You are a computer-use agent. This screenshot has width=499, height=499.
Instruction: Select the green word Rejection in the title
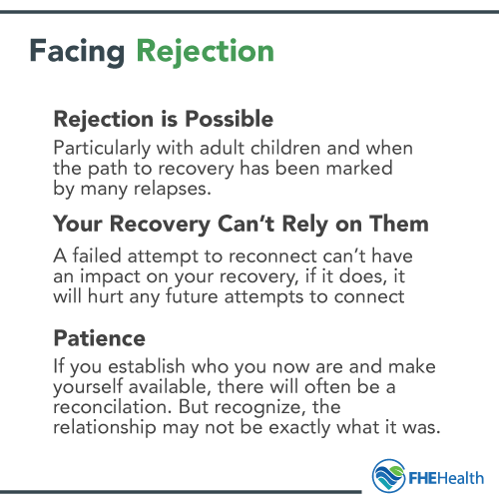pyautogui.click(x=205, y=51)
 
